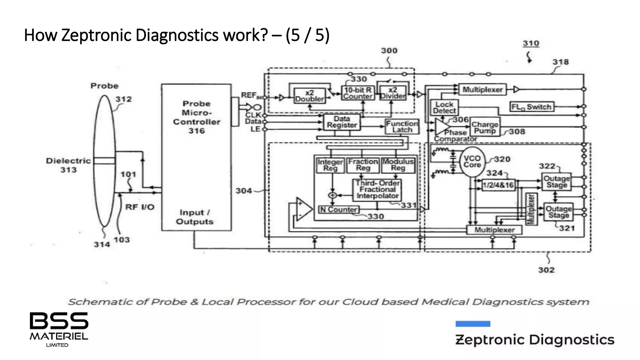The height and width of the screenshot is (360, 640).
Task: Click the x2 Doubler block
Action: point(310,96)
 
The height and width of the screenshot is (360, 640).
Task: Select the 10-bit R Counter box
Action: point(357,93)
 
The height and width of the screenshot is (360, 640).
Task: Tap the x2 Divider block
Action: point(393,93)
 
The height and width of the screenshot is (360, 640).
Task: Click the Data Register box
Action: point(342,122)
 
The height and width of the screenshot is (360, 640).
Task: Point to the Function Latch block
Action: point(402,127)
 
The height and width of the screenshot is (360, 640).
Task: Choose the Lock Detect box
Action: point(444,107)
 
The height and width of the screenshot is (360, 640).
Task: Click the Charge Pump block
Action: point(485,127)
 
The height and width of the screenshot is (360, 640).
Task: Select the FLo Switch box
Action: point(531,107)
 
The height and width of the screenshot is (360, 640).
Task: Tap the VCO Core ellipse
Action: point(472,162)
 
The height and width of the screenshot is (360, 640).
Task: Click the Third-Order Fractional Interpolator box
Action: point(377,190)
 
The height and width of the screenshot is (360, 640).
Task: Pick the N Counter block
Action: point(339,210)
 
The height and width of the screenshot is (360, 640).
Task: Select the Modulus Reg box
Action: point(398,165)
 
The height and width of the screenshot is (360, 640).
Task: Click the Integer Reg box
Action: point(330,165)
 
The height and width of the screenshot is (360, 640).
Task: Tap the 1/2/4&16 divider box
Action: point(498,185)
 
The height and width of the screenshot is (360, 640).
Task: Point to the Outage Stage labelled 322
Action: point(556,182)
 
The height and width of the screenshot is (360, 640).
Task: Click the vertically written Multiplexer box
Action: point(531,209)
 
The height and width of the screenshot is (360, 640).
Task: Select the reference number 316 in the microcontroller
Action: point(196,131)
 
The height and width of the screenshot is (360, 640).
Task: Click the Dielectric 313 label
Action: point(68,165)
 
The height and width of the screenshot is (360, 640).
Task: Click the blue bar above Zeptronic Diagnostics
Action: point(472,324)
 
